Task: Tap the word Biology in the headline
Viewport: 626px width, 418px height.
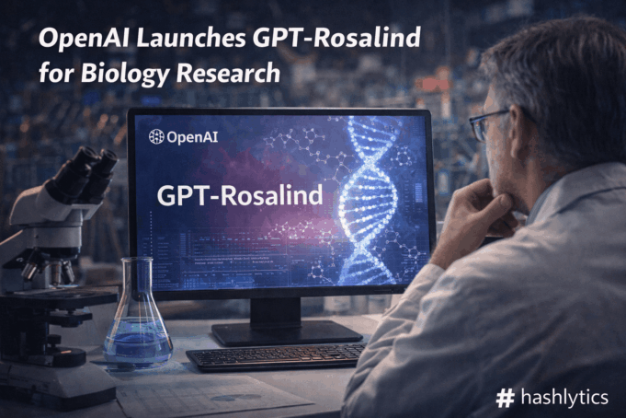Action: click(115, 73)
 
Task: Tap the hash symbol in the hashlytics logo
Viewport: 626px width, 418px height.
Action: click(504, 398)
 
